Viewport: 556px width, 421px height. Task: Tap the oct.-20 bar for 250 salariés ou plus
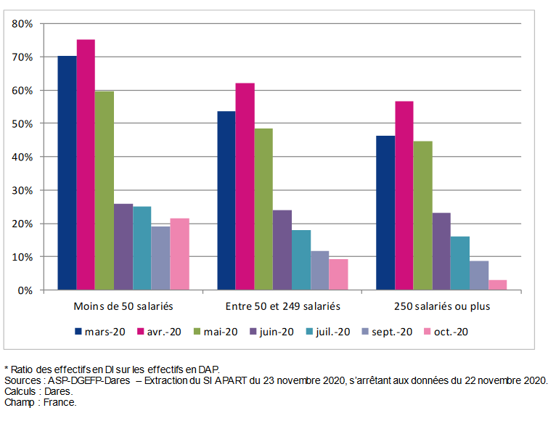coord(498,285)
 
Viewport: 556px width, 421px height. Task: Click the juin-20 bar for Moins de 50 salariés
coord(123,247)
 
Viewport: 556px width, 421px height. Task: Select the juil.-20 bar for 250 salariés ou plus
coord(460,263)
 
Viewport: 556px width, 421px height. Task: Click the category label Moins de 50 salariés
coord(123,306)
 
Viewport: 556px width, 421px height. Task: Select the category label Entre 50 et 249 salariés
coord(282,306)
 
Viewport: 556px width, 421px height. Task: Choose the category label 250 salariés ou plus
coord(442,306)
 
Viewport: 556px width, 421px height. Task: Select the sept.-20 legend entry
coord(389,332)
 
